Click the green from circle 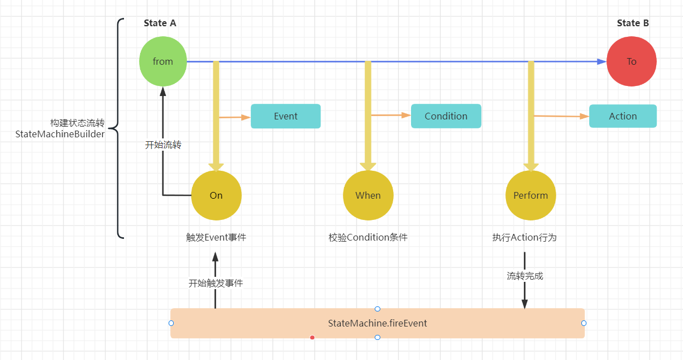[x=163, y=61]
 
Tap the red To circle [x=631, y=61]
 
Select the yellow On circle [x=216, y=195]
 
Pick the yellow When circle [x=368, y=195]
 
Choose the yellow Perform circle [x=531, y=195]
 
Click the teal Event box [x=285, y=116]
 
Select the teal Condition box [x=446, y=116]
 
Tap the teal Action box [x=623, y=116]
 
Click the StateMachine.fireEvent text [x=378, y=323]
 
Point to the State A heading [x=160, y=23]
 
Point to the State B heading [x=633, y=23]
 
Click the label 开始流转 [x=163, y=145]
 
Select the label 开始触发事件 [x=216, y=283]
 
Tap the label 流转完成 [x=525, y=276]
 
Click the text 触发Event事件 [x=216, y=237]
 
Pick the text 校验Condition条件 [x=368, y=237]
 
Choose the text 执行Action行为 [x=524, y=237]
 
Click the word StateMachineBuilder [x=60, y=134]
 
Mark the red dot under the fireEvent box [x=312, y=337]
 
